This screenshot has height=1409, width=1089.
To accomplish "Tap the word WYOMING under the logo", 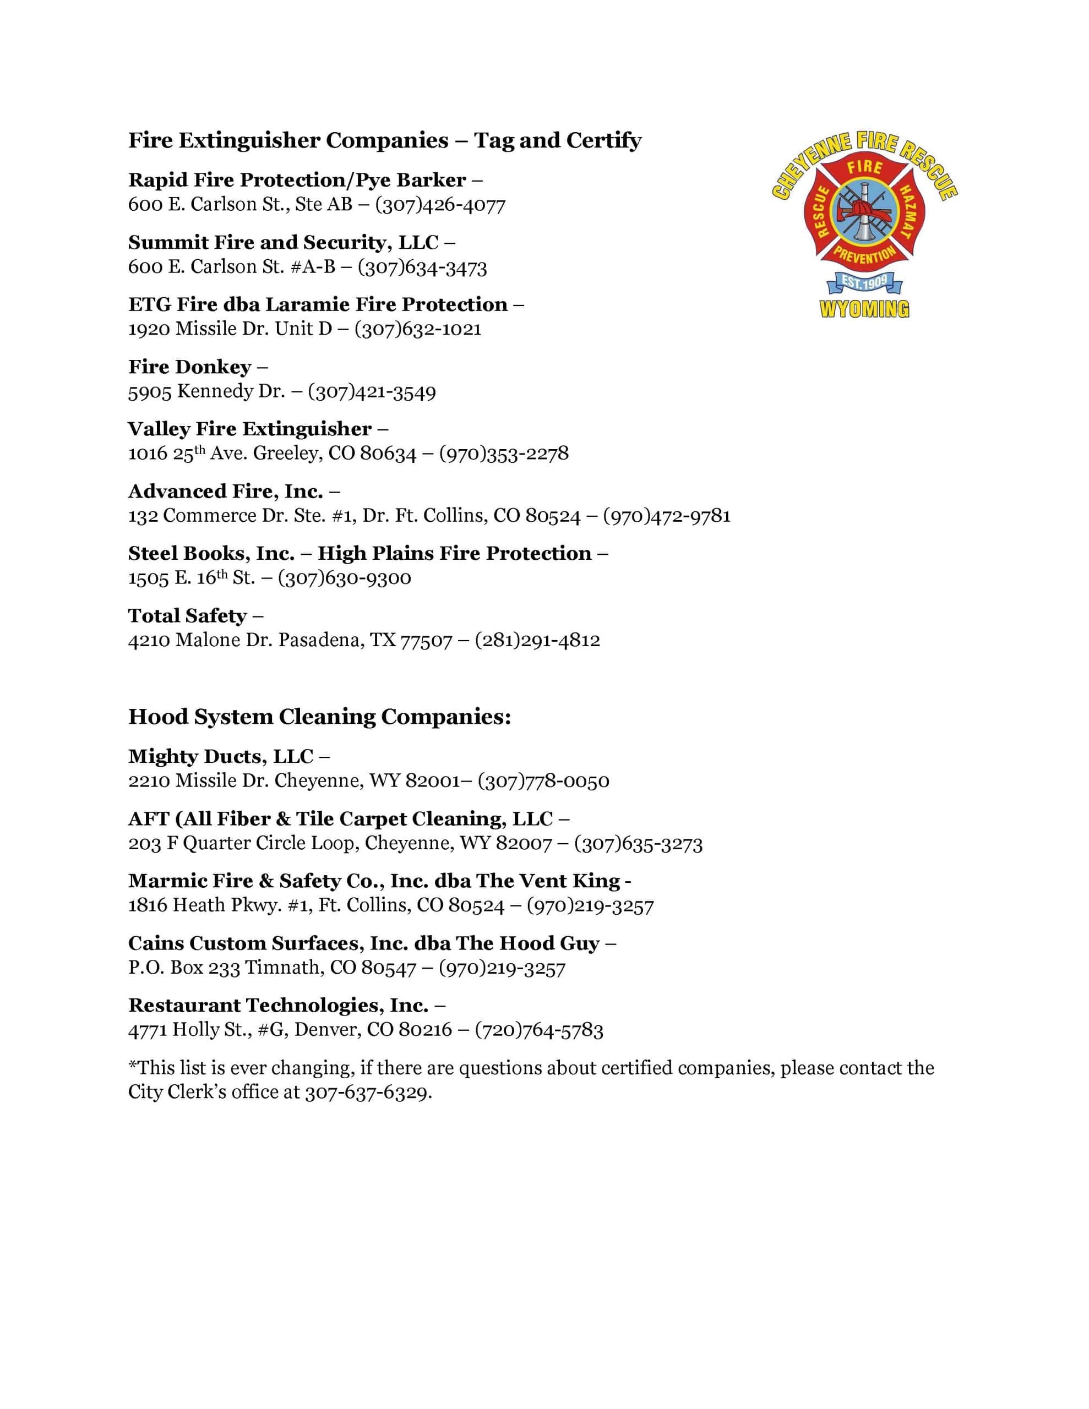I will click(x=864, y=309).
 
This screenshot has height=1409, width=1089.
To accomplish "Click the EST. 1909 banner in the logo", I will click(x=864, y=282).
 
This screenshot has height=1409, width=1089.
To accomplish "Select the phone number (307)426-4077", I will click(x=440, y=205).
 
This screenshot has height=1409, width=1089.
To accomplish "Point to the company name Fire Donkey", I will click(x=189, y=367).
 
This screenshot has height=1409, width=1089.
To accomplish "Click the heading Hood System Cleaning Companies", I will click(x=319, y=717).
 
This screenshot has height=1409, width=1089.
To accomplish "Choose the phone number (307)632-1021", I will click(x=418, y=329).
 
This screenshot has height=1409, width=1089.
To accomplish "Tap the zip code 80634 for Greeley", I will click(x=388, y=454).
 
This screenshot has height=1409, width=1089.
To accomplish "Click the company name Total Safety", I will click(x=187, y=615).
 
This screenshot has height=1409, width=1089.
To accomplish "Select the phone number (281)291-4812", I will click(x=537, y=640).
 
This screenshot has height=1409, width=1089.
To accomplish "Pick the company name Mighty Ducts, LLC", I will click(x=221, y=756).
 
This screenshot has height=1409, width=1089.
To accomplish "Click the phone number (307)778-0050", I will click(x=543, y=780).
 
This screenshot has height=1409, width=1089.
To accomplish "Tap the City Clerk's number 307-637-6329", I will click(x=367, y=1092).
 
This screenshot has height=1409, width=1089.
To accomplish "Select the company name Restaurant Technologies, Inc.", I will click(x=278, y=1005).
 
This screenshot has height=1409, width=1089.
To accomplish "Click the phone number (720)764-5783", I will click(x=539, y=1030).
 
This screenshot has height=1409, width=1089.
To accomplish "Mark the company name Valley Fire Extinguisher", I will click(x=250, y=429).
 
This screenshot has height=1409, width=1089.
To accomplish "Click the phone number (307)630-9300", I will click(x=344, y=577).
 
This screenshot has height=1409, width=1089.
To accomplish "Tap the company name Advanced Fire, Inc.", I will click(x=225, y=491).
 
